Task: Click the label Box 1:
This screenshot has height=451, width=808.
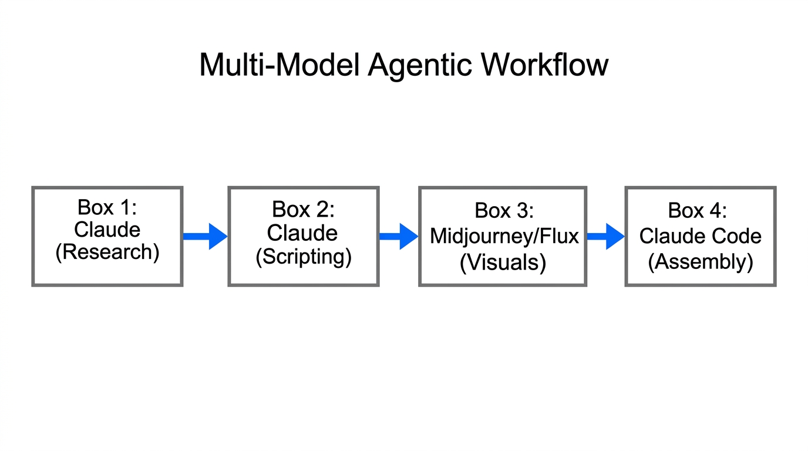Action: [107, 207]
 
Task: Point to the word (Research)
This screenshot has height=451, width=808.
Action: [107, 252]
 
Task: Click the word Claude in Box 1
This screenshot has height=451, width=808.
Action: [107, 230]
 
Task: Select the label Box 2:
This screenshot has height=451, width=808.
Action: [303, 209]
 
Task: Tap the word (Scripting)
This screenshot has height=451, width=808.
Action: [303, 257]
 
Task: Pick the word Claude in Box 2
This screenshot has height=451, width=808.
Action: [303, 233]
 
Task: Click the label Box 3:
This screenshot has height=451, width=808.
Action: [504, 211]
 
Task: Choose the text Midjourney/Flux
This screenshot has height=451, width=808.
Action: [504, 236]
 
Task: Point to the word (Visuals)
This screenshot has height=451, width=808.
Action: [503, 262]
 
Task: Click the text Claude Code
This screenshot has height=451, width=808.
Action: [700, 236]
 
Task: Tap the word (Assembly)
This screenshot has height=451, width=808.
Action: [700, 262]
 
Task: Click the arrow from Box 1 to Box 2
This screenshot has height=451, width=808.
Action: [205, 237]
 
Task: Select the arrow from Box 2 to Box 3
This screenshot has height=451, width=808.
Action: [399, 237]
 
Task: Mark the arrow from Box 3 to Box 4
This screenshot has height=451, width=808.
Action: [605, 237]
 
